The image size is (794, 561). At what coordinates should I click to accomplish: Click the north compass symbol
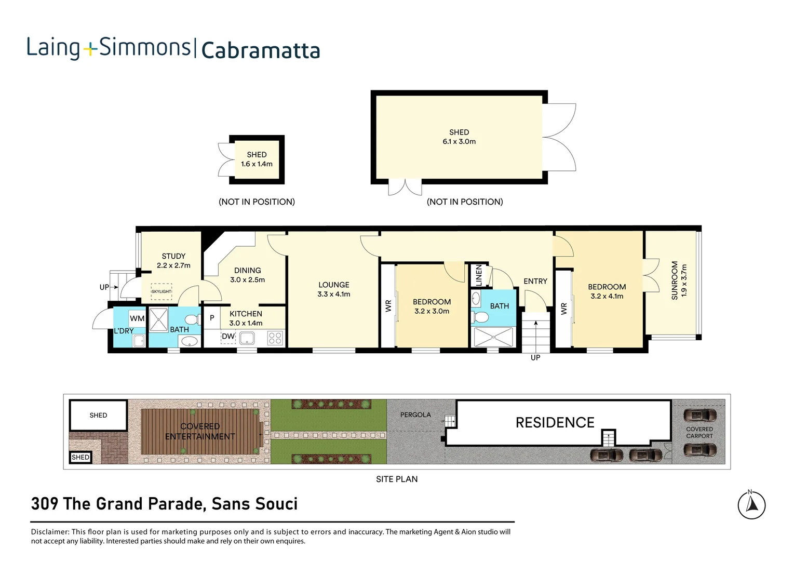click(751, 504)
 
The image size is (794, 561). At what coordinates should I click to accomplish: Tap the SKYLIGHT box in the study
click(161, 291)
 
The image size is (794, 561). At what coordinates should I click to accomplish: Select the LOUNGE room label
click(333, 285)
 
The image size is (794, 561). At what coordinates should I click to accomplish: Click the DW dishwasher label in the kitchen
click(228, 337)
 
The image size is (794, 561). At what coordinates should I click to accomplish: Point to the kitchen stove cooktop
click(275, 338)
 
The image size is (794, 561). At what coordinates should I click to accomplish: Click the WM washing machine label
click(137, 318)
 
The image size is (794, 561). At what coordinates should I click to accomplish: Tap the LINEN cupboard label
click(479, 275)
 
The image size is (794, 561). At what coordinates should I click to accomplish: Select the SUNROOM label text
click(675, 280)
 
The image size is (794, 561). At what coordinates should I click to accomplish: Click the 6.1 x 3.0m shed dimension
click(459, 141)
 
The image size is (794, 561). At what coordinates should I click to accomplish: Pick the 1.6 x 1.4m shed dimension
click(257, 164)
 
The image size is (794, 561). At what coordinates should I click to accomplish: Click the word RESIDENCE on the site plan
click(555, 422)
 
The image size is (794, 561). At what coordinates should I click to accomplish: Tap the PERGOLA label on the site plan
click(415, 415)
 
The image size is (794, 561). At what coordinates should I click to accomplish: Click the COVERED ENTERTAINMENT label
click(200, 431)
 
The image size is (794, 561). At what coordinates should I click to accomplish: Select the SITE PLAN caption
click(397, 479)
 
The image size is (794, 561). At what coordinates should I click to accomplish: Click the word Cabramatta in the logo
click(260, 50)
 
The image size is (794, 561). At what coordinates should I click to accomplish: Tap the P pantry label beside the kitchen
click(212, 318)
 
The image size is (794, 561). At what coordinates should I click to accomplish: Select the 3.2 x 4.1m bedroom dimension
click(607, 296)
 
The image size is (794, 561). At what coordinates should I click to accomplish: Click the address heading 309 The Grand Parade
click(164, 504)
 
